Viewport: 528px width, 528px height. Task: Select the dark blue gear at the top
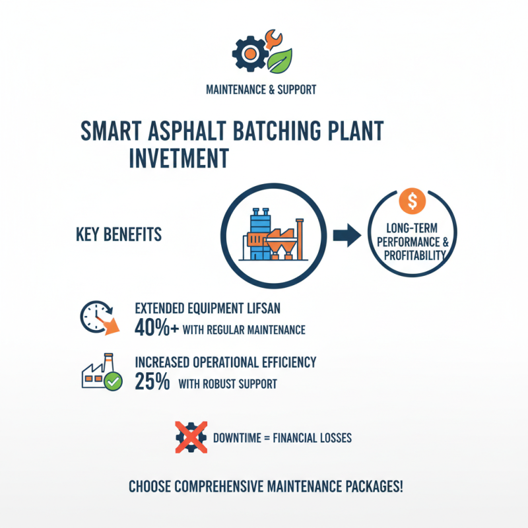[249, 53]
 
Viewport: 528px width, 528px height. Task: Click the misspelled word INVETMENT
[179, 158]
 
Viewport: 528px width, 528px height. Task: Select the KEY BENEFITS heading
[119, 235]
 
